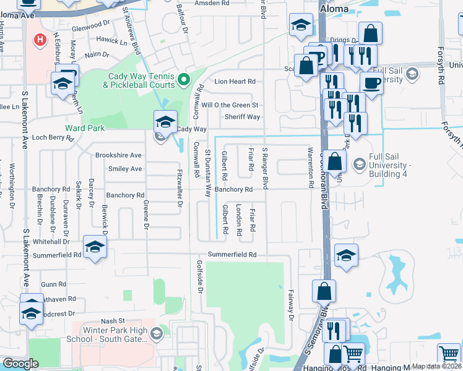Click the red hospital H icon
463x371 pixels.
pos(41,40)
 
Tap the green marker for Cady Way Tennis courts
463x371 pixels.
pos(183,80)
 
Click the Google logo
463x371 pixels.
pos(20,364)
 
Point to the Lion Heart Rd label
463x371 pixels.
pos(235,81)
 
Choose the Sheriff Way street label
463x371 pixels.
pos(242,117)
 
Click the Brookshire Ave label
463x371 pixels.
pos(118,155)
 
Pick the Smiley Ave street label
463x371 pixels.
pos(125,168)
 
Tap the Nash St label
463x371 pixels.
pos(113,321)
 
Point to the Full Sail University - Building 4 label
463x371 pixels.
pos(390,166)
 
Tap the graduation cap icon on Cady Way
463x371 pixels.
pos(165,121)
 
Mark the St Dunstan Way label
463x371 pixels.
pos(209,173)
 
